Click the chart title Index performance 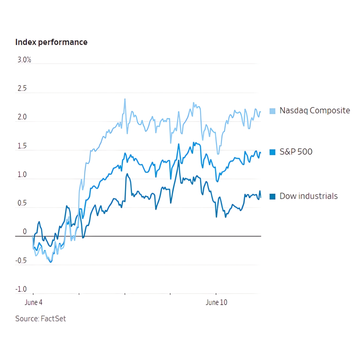point(51,42)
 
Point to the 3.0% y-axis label point(24,60)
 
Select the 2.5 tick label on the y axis point(22,89)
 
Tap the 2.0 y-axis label point(22,118)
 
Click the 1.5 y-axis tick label point(22,146)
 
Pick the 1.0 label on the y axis point(22,175)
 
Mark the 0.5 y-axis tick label point(22,204)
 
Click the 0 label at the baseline point(24,232)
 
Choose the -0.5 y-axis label point(21,261)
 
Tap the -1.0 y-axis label point(21,289)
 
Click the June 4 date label point(34,303)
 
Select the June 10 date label point(216,303)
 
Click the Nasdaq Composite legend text point(315,110)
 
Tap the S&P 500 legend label point(296,152)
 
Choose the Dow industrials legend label point(308,196)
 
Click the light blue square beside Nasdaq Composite point(272,111)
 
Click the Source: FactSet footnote point(41,319)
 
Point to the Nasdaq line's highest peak point(125,99)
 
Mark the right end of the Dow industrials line point(261,197)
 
